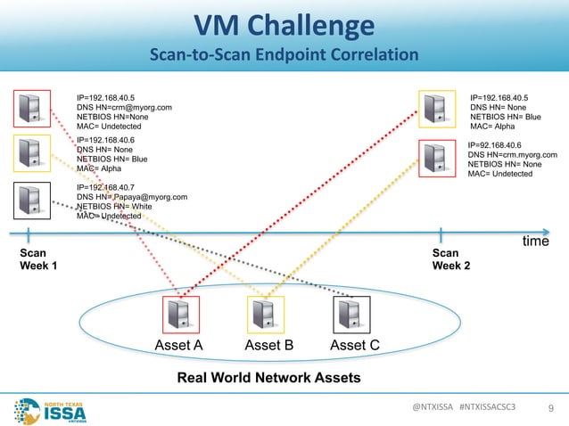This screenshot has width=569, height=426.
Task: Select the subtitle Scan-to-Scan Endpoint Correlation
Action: (x=284, y=55)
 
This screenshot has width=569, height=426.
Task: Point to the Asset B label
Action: (x=267, y=346)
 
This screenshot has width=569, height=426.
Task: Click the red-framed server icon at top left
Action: (x=32, y=109)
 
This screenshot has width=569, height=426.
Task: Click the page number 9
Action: (x=550, y=409)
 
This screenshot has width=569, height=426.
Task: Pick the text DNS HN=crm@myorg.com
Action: (x=125, y=107)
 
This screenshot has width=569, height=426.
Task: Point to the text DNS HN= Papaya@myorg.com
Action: (x=133, y=196)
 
